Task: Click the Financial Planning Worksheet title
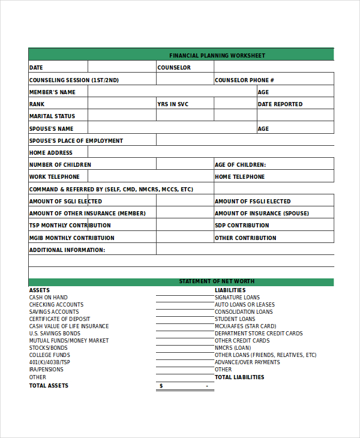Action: click(x=217, y=56)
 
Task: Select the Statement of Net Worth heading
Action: click(x=217, y=281)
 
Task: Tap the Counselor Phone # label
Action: click(x=244, y=80)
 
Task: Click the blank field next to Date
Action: click(x=122, y=68)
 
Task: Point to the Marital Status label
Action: click(x=52, y=116)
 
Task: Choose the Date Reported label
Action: click(x=280, y=104)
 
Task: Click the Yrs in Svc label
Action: click(x=173, y=104)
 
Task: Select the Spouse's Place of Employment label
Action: click(x=76, y=141)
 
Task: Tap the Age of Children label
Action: click(x=240, y=165)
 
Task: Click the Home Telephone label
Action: click(x=239, y=177)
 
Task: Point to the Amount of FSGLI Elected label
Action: click(x=253, y=202)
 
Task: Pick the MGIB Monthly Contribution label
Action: click(x=72, y=238)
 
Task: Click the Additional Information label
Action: click(x=67, y=250)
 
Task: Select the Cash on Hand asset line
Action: click(x=49, y=298)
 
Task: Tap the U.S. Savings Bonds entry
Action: click(x=55, y=334)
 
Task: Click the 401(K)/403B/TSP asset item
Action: click(x=50, y=362)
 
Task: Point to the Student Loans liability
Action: click(x=235, y=319)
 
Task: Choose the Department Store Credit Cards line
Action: click(x=259, y=334)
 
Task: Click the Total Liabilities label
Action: click(x=239, y=377)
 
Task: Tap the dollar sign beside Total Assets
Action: click(x=161, y=386)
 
